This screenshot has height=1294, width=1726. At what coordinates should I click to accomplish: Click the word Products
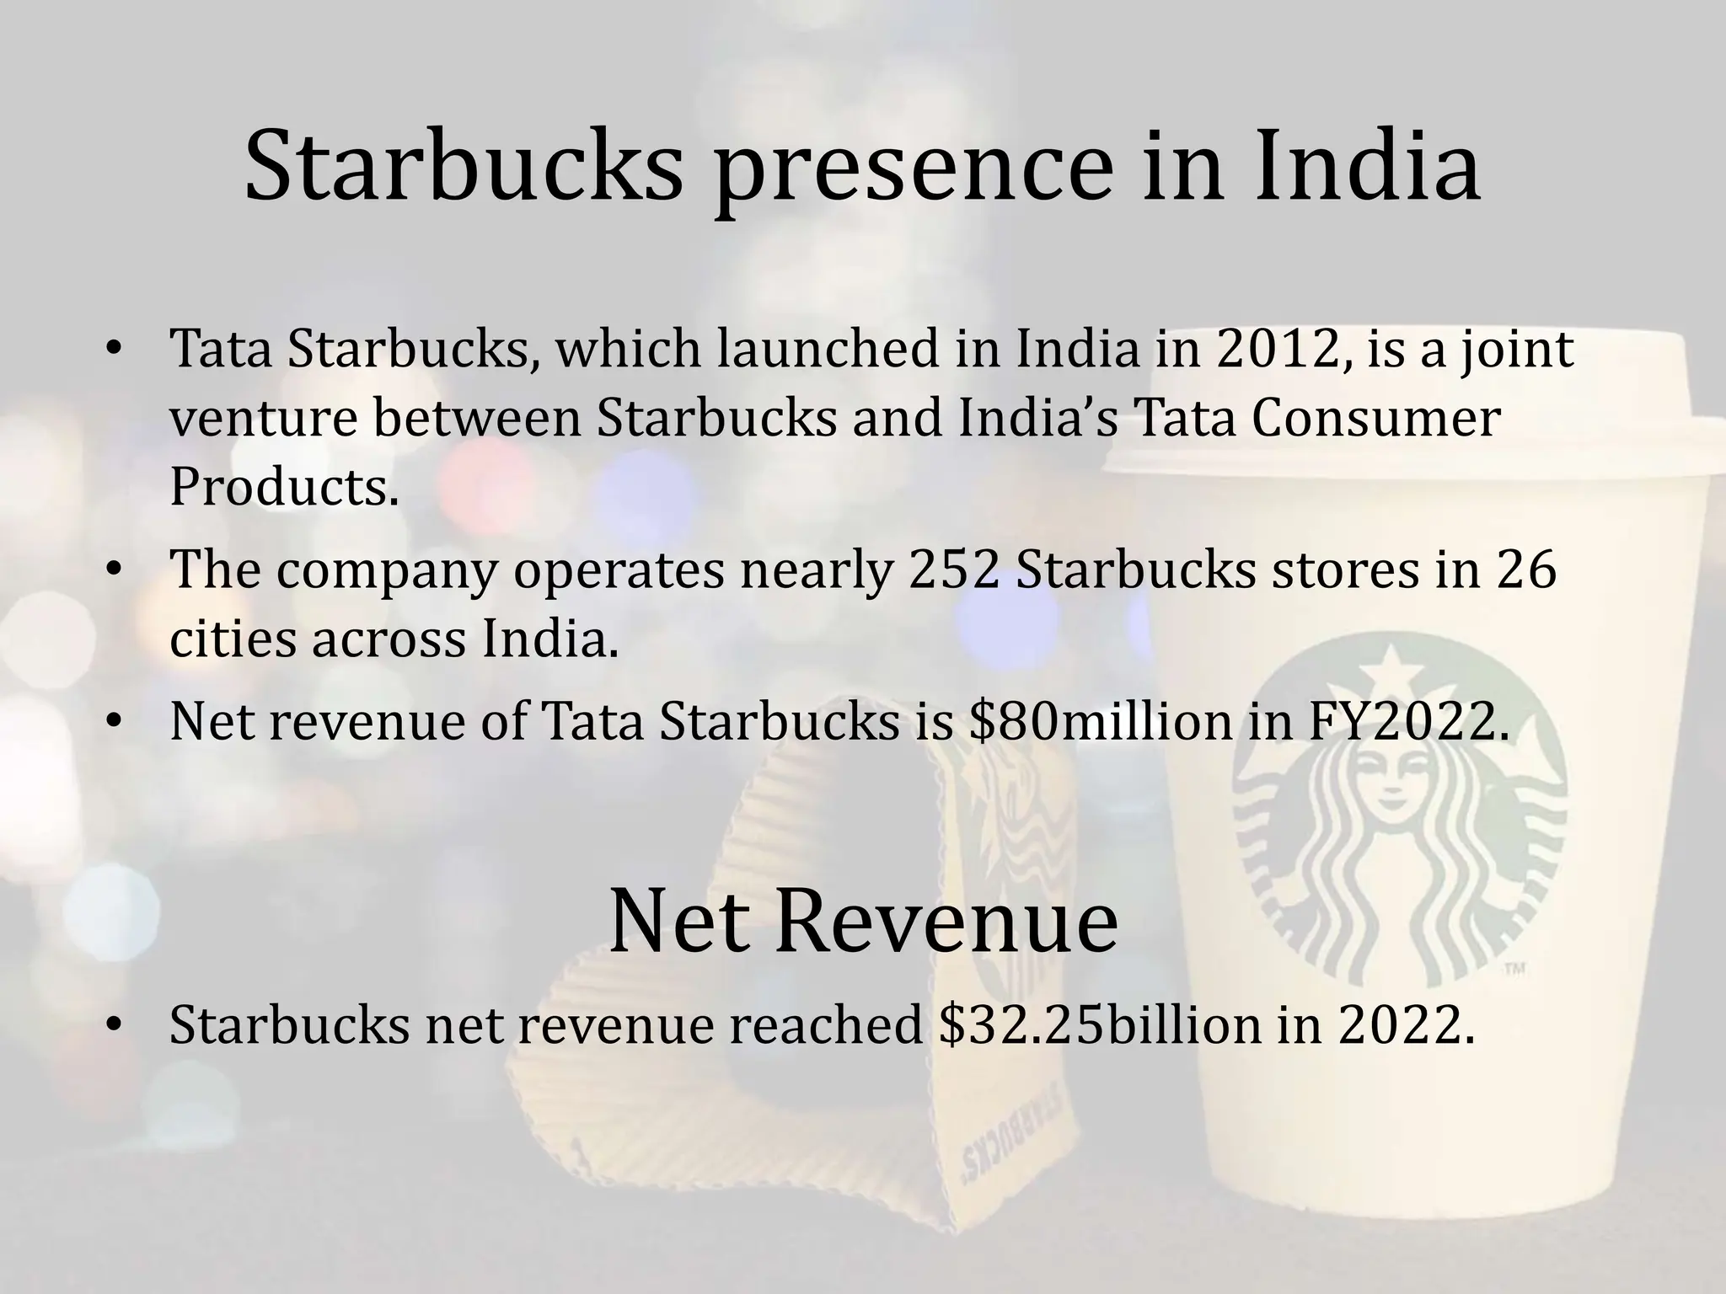[284, 488]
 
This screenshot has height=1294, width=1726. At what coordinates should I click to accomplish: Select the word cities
[233, 639]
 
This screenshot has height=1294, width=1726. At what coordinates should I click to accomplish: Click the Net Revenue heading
[862, 921]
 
